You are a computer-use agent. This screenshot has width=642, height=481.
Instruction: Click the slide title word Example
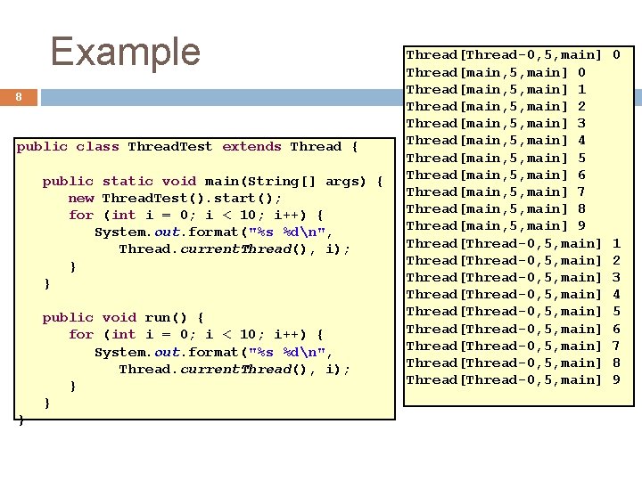coord(126,52)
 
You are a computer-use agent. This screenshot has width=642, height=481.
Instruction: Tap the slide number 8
coord(19,97)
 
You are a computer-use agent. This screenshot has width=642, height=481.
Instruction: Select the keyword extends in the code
coord(251,147)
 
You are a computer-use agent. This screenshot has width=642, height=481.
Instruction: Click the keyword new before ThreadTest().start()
coord(81,198)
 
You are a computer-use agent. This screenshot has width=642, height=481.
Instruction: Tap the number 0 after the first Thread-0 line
coord(616,55)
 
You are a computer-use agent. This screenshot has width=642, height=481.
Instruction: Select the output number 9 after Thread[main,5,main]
coord(581,225)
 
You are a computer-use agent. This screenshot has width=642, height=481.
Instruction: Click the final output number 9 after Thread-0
coord(616,379)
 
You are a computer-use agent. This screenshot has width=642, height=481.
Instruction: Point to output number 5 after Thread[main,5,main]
coord(581,158)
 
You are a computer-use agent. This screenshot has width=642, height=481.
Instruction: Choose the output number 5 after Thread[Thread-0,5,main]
coord(616,311)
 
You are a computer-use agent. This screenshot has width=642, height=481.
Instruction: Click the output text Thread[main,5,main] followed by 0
coord(487,72)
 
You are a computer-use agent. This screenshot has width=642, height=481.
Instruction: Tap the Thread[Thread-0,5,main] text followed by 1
coord(504,243)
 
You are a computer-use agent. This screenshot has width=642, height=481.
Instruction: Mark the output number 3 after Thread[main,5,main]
coord(581,123)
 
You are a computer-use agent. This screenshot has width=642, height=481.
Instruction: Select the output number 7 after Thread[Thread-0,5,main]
coord(616,346)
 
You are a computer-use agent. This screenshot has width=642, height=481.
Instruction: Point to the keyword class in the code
coord(97,147)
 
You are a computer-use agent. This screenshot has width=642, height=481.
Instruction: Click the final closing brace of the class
coord(21,420)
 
